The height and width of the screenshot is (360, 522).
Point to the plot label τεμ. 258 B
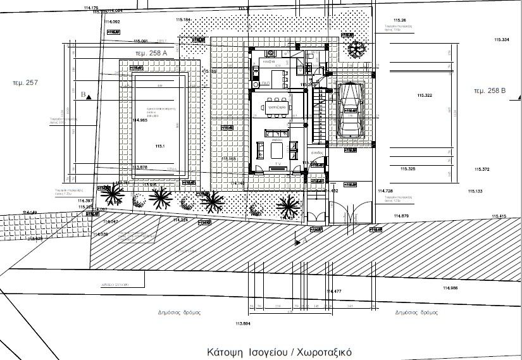click(x=491, y=91)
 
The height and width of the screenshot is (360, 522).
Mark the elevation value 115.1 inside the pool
click(x=159, y=146)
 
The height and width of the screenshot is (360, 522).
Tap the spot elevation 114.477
click(x=333, y=291)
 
